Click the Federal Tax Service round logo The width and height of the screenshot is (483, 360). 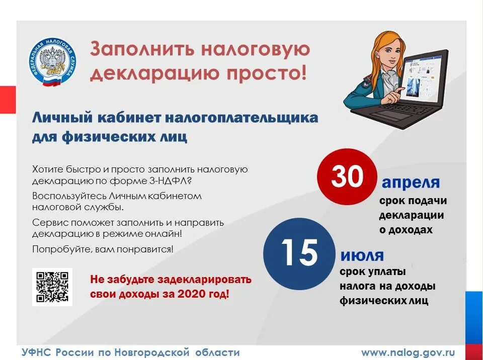coord(52,62)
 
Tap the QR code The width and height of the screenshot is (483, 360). coord(52,287)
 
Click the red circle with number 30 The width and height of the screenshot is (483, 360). coord(347,177)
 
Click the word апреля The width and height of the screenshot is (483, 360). coord(411,182)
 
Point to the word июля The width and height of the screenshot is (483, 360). coord(362,255)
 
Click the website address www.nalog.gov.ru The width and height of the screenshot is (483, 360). coord(408,352)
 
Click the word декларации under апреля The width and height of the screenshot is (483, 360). coord(411,215)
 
